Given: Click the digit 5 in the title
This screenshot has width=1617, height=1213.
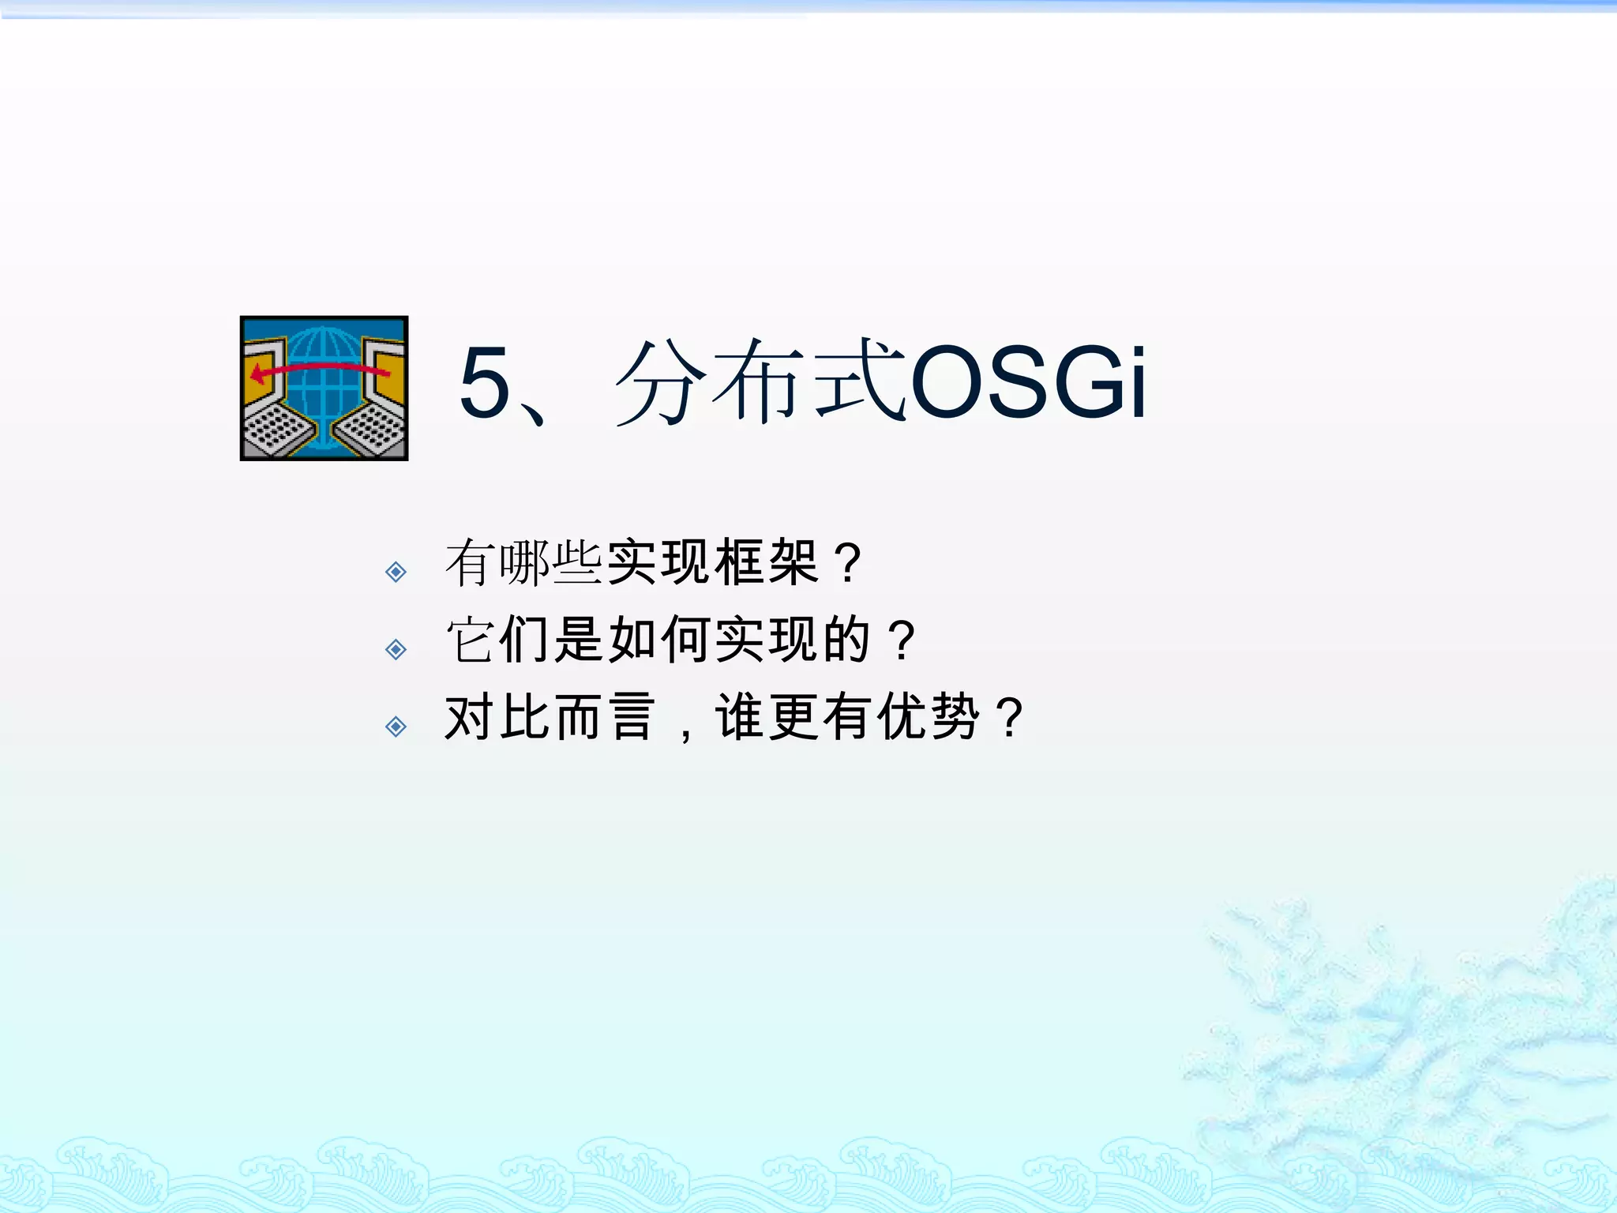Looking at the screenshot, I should tap(485, 384).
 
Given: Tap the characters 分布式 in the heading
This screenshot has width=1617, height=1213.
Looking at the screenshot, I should tap(760, 382).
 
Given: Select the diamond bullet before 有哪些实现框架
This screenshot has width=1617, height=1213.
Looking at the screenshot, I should tap(396, 571).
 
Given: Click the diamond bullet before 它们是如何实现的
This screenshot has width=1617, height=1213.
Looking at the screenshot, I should tap(396, 649).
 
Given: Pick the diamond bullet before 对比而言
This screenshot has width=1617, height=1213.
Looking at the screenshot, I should tap(396, 726).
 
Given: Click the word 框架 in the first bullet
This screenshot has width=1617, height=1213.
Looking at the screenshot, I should tap(767, 562).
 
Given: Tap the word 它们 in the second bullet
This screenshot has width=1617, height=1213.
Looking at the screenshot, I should tap(498, 640).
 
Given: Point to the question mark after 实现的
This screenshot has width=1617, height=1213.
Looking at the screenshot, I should tap(902, 640).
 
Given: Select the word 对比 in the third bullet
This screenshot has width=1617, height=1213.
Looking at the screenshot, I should tap(498, 717).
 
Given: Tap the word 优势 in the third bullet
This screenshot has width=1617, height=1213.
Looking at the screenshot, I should tap(929, 717).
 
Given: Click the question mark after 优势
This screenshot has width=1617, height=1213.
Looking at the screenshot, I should tap(1010, 717).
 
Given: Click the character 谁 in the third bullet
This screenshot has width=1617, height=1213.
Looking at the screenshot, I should tap(740, 717).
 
